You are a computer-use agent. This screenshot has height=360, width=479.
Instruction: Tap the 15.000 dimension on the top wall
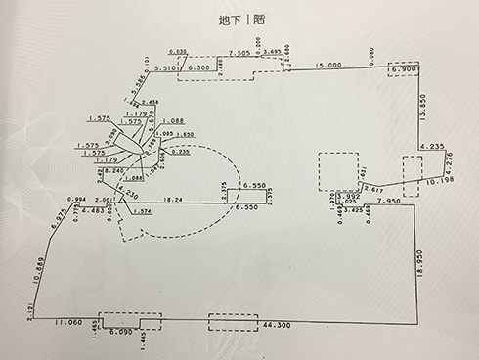[x=327, y=66]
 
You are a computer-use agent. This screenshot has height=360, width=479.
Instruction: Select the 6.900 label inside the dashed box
[x=404, y=70]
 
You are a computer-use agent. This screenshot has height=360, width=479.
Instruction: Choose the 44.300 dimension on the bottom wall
[x=280, y=323]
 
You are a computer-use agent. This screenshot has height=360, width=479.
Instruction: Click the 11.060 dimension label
[x=68, y=321]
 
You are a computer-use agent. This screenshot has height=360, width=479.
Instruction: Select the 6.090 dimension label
[x=121, y=333]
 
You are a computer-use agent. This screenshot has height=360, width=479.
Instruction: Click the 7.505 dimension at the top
[x=238, y=53]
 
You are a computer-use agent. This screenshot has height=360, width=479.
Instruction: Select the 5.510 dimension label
[x=169, y=68]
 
